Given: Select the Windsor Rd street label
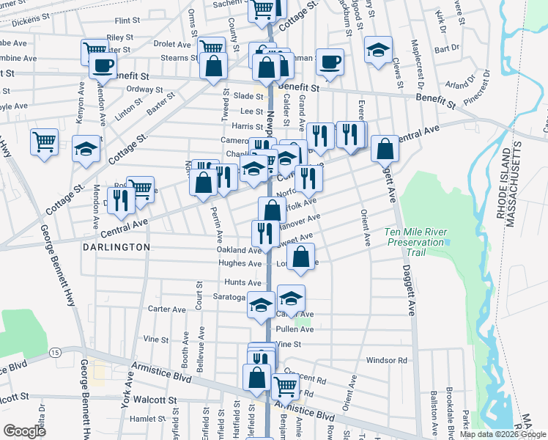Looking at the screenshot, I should pos(386,360).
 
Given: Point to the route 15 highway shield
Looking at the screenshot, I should pos(56,353).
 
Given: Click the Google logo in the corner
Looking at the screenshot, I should pos(25,431).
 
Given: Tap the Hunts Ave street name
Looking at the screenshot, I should pos(243,282).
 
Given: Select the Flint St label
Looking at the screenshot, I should pos(127,21).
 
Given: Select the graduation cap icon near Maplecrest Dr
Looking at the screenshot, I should pos(378,50).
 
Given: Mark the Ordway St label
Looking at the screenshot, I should pos(138,89).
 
